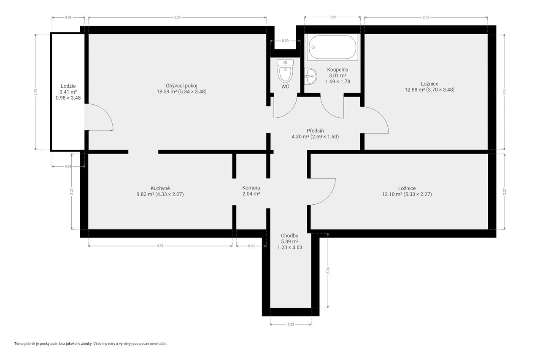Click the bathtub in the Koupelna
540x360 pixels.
[333, 47]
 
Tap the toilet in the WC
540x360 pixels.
[285, 71]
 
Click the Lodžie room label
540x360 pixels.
[68, 86]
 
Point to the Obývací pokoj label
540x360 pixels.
[181, 86]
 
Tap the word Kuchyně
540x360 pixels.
[160, 188]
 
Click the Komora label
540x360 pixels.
[251, 187]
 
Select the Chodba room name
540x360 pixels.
[289, 235]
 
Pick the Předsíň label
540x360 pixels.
[315, 131]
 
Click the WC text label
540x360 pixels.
[285, 87]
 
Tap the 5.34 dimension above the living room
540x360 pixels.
[177, 17]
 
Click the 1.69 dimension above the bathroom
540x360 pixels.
[332, 17]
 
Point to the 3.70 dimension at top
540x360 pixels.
[426, 17]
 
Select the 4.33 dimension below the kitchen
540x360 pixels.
[160, 246]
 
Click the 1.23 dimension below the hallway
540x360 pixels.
[291, 325]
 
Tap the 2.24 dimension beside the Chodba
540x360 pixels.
[328, 271]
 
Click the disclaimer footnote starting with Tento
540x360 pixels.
[91, 344]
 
